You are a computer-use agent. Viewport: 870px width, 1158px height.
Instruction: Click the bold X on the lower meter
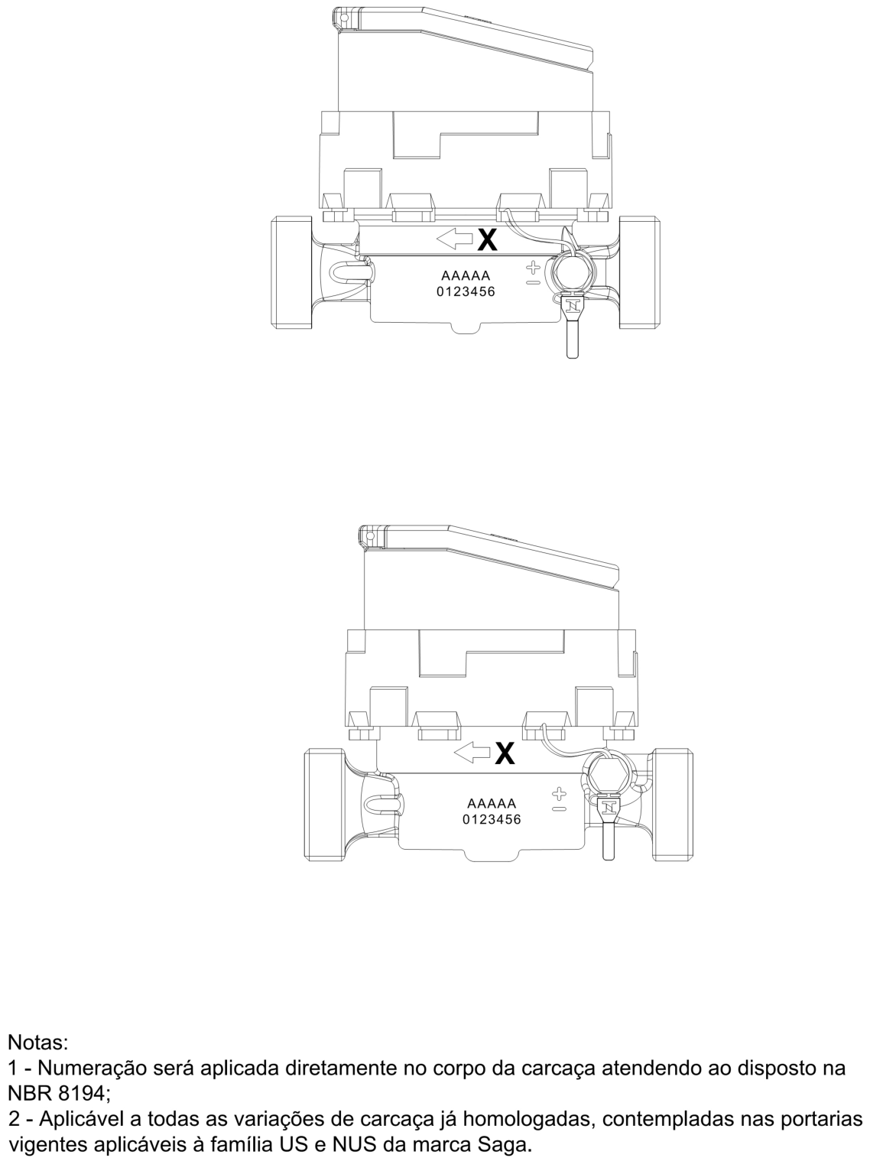(x=505, y=753)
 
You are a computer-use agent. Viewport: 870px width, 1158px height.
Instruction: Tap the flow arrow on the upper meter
(x=455, y=239)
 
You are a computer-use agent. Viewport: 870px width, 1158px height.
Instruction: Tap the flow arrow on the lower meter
(x=472, y=753)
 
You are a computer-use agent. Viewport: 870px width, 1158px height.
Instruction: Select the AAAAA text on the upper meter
(x=466, y=276)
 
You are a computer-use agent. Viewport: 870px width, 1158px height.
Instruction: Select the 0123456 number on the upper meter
(x=466, y=291)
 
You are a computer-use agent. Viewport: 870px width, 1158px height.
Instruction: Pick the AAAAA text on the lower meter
(x=492, y=804)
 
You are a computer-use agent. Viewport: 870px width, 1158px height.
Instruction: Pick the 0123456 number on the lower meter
(x=492, y=820)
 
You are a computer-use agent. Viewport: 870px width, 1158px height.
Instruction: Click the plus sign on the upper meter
(x=534, y=268)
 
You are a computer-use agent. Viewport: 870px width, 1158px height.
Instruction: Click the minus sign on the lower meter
(x=560, y=809)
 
